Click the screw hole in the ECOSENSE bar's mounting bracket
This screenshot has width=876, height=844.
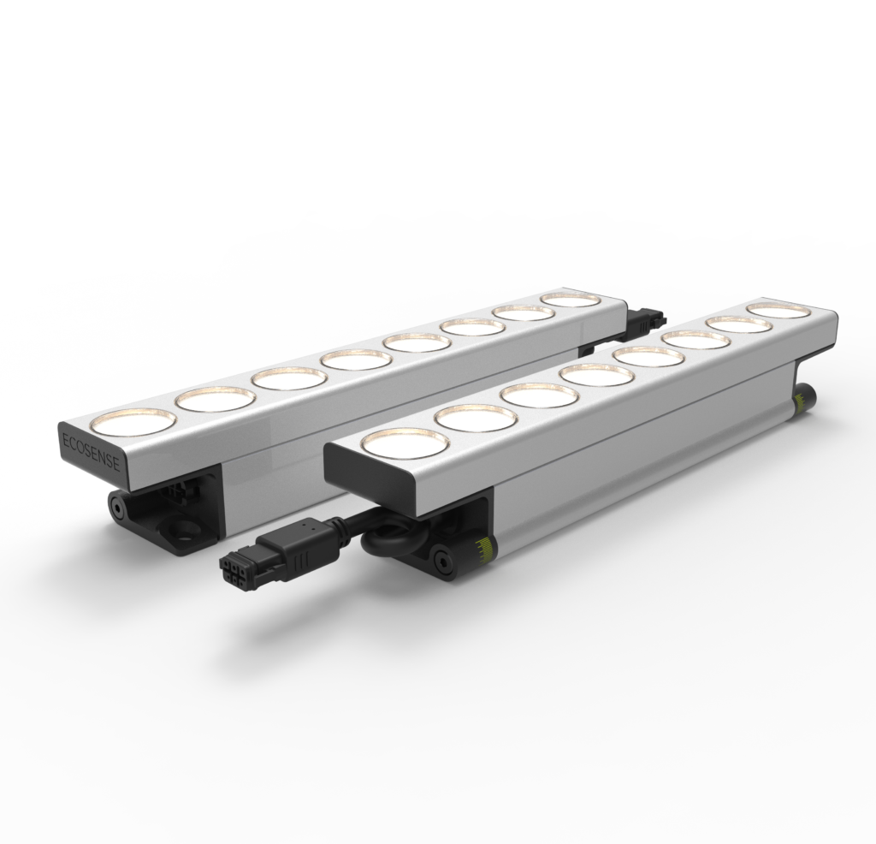pos(183,526)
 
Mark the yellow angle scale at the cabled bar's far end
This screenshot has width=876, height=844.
pos(800,401)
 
